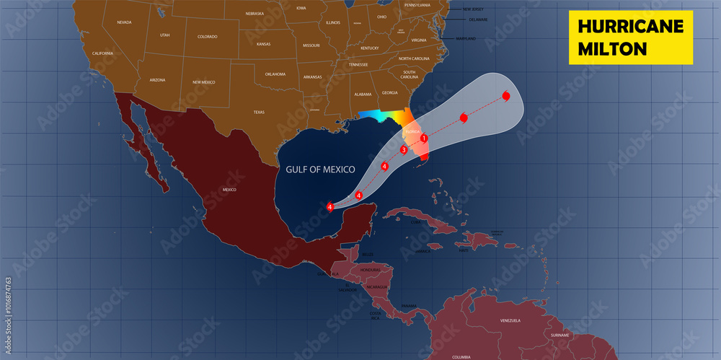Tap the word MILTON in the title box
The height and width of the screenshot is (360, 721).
611,48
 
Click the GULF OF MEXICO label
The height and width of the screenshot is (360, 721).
320,169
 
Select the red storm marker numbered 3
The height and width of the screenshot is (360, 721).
404,150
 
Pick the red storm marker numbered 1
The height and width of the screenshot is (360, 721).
425,139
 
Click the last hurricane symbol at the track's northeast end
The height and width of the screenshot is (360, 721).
506,96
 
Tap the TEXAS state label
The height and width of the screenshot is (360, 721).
259,113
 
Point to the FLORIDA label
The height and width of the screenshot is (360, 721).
412,132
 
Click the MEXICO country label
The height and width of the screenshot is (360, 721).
229,190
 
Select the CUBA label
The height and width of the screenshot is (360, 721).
415,222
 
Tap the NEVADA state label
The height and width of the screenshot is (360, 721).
125,23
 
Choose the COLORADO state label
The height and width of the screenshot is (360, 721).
207,36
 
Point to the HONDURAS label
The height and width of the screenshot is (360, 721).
370,269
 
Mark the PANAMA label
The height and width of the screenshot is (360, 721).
409,306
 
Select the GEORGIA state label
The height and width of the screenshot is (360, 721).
389,92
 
